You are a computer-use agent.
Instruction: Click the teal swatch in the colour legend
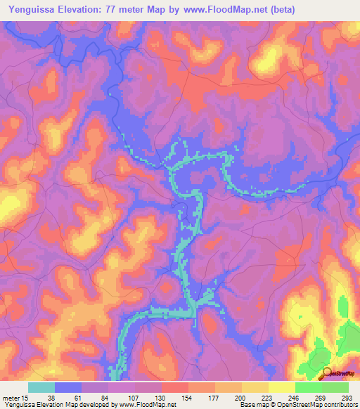41,387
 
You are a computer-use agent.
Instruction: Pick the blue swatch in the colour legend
68,387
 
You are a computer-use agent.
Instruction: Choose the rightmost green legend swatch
335,387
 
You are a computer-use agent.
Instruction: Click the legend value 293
346,398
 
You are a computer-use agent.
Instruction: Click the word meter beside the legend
11,398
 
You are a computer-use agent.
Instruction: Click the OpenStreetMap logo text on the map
342,375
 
